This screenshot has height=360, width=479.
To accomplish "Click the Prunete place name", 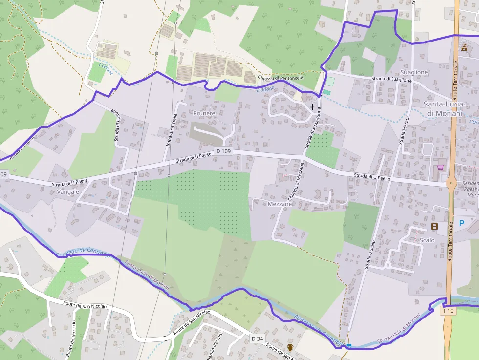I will tap(204, 113).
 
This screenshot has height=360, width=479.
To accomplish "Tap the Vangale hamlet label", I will tap(68, 192).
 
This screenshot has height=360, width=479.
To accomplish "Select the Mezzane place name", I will tap(280, 204).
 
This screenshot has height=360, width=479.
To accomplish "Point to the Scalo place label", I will tap(427, 240).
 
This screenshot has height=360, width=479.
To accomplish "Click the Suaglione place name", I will tap(414, 72).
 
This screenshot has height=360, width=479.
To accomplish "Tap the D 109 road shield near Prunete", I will tap(223, 152).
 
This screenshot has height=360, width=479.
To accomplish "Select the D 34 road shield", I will tap(257, 339).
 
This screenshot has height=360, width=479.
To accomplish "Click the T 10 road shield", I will tap(448, 310).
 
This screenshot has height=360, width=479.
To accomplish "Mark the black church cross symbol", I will tap(312, 106).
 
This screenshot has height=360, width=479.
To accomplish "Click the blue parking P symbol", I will tap(462, 223).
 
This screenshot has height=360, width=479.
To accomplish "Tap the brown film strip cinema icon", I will tap(435, 226).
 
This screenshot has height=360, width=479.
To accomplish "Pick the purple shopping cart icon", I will tap(440, 168).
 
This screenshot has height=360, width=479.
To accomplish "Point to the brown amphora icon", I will tap(290, 348).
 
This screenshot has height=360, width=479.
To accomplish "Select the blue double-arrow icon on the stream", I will tap(349, 345).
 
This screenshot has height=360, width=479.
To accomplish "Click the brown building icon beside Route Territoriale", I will tap(464, 47).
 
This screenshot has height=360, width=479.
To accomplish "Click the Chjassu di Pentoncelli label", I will tap(281, 78).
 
